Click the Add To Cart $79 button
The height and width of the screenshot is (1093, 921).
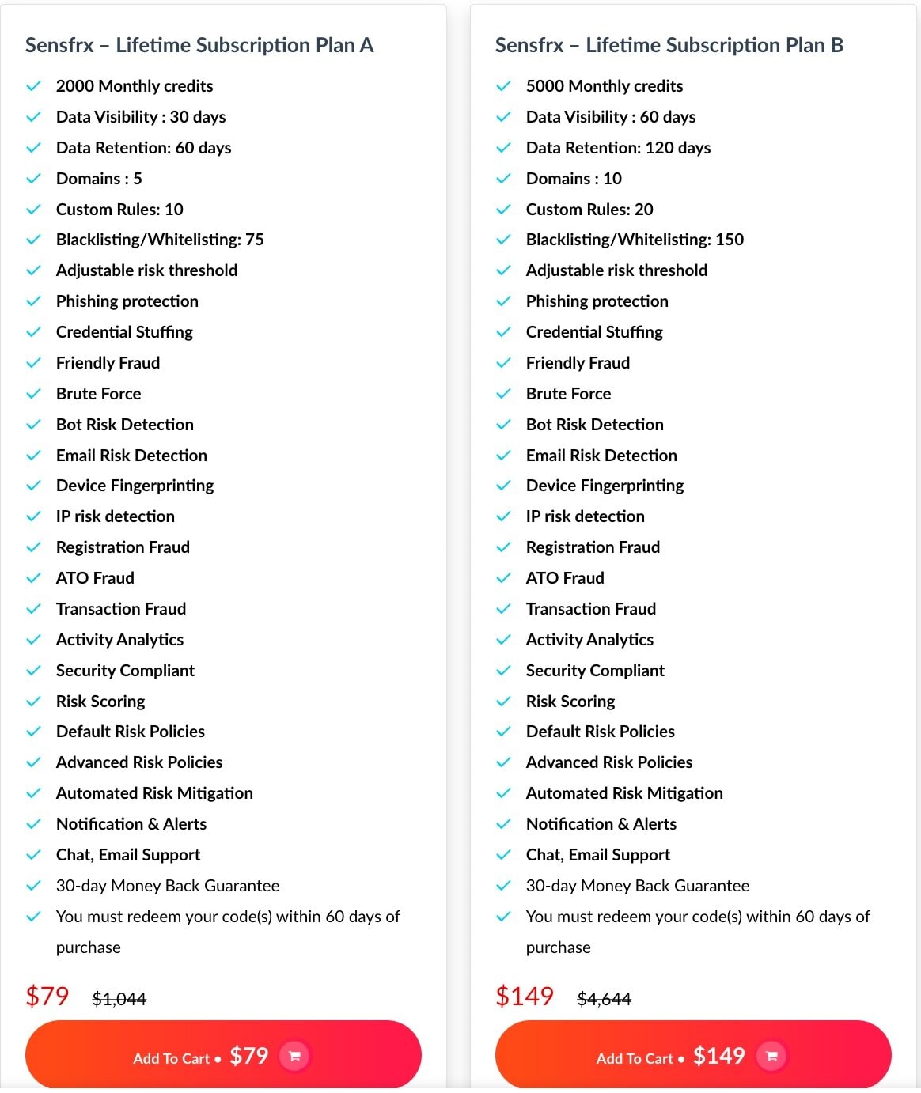(222, 1056)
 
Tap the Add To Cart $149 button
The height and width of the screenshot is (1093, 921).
(692, 1056)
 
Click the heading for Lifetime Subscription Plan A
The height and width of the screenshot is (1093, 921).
(199, 45)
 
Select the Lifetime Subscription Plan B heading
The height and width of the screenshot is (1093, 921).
(669, 45)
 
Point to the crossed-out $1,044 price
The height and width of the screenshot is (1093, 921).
(119, 999)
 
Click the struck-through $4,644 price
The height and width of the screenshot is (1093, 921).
(605, 999)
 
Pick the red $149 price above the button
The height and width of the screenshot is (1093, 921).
(525, 996)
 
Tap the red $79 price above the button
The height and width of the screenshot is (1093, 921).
(47, 996)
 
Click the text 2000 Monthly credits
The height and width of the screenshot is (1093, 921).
(135, 86)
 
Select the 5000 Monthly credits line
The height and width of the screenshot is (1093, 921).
(605, 86)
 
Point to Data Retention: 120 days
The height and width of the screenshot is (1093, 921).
(618, 148)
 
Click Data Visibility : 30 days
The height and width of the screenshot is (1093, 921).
(141, 117)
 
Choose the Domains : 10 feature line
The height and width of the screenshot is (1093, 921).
(574, 179)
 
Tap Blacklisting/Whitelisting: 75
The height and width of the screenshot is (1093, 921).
(160, 240)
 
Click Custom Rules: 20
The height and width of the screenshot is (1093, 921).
(589, 210)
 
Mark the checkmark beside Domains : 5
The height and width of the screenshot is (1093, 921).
(33, 179)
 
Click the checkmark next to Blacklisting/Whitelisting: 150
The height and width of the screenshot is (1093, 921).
(503, 240)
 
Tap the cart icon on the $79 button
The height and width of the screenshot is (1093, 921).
(294, 1056)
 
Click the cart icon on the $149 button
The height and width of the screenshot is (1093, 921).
(771, 1056)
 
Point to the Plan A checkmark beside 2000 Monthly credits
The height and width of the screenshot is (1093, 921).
(33, 86)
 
